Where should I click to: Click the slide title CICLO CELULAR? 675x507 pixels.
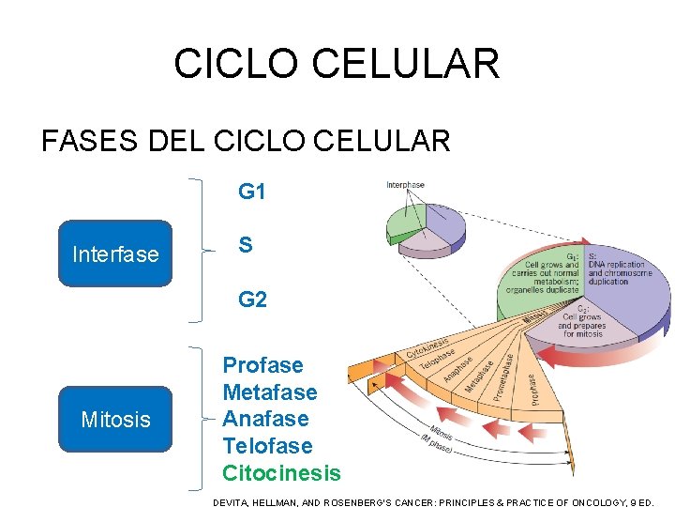coord(337,64)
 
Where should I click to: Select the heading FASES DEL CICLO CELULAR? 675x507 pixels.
coord(246,141)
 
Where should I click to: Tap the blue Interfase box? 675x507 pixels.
coord(115,253)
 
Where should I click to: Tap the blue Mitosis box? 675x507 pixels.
coord(115,419)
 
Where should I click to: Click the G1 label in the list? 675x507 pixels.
coord(252,192)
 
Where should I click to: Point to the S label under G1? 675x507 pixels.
coord(245,246)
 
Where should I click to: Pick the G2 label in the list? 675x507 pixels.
coord(252,300)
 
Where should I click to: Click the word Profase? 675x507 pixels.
coord(262,365)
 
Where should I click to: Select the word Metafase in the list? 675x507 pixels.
coord(270,392)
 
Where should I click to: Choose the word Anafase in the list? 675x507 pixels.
coord(265,419)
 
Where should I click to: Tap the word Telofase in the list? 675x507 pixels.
coord(267,445)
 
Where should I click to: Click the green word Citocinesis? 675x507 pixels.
coord(281,472)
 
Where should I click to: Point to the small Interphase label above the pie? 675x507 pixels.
coord(405,185)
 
